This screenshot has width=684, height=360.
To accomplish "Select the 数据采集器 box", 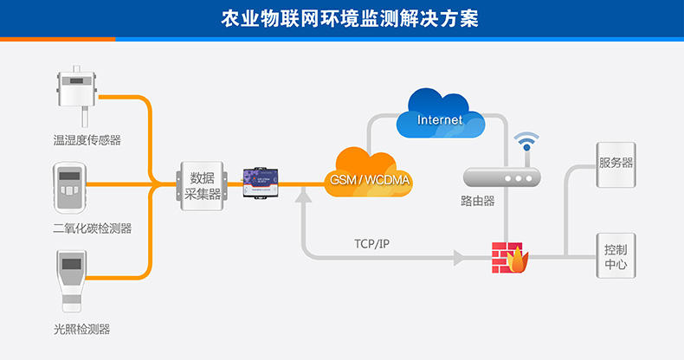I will tap(203, 184).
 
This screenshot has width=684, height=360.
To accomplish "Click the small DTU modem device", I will tap(261, 183).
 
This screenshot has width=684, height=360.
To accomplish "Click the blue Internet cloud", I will tap(440, 116).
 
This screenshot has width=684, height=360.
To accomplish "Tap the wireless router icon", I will tap(502, 177).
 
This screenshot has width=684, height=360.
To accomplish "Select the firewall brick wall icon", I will tap(507, 257).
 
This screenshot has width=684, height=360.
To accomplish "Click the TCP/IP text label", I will tap(372, 243).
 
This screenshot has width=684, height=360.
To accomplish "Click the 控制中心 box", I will tap(616, 255).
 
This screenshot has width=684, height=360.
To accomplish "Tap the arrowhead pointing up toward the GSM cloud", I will tap(303, 198).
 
